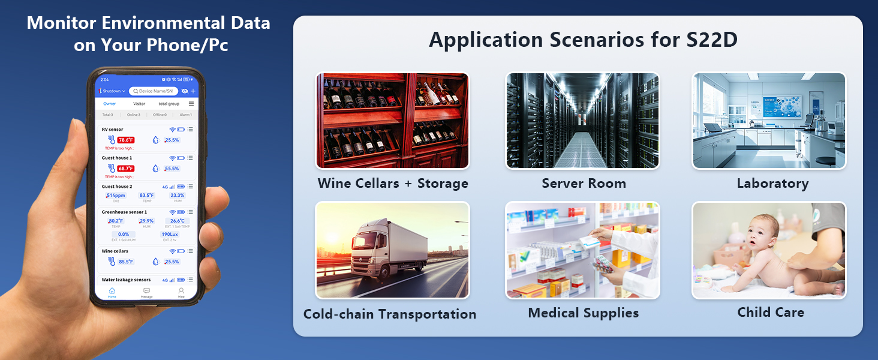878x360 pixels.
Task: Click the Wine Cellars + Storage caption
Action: click(393, 184)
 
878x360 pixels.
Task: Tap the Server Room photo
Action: click(582, 121)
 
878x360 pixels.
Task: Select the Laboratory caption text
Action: click(772, 184)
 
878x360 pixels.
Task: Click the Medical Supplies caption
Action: click(583, 313)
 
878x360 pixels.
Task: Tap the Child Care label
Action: click(771, 312)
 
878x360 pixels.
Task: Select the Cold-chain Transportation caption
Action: click(390, 314)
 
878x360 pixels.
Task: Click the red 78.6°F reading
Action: click(125, 140)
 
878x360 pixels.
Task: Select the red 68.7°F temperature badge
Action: click(125, 169)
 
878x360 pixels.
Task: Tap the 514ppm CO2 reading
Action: click(115, 196)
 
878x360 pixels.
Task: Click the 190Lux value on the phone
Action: click(170, 235)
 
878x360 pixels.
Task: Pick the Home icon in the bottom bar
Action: click(112, 292)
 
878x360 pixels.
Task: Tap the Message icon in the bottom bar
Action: click(146, 292)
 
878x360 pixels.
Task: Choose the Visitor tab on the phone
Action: click(139, 104)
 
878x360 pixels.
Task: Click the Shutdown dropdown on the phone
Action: click(112, 91)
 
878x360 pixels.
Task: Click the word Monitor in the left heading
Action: click(61, 23)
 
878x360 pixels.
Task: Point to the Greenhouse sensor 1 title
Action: click(124, 212)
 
